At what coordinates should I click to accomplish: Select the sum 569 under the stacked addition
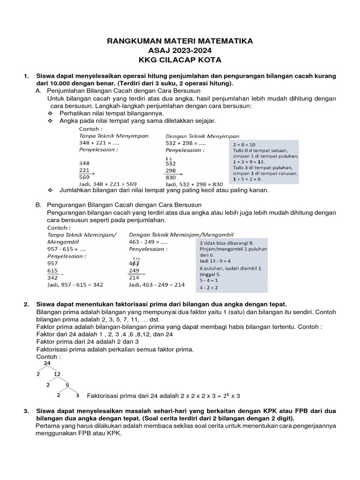point(85,178)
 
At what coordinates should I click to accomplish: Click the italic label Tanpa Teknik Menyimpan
point(113,136)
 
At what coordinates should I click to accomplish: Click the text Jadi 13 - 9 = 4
point(215,261)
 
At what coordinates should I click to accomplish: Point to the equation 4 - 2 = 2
point(209,287)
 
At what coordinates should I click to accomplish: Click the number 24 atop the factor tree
point(47,363)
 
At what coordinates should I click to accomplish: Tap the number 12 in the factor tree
point(57,374)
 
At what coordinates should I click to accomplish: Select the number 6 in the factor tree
point(67,385)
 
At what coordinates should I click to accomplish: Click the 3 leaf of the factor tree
point(77,396)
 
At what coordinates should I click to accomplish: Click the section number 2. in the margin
point(26,305)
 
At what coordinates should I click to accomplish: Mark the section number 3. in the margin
point(26,411)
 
